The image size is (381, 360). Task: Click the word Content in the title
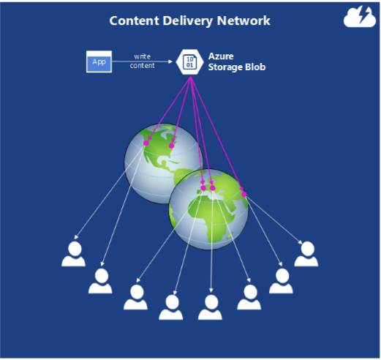[x=135, y=20]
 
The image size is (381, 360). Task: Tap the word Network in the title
[x=244, y=20]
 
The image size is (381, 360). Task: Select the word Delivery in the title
[x=188, y=21]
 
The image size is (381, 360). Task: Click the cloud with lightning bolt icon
[x=360, y=17]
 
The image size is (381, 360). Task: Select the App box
[x=99, y=61]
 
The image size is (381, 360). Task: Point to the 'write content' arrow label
[x=142, y=61]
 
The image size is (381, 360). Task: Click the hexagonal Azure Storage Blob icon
[x=189, y=62]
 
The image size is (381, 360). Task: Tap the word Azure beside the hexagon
[x=221, y=56]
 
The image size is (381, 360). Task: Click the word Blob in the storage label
[x=255, y=67]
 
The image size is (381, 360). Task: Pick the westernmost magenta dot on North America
[x=146, y=143]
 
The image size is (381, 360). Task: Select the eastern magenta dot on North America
[x=172, y=146]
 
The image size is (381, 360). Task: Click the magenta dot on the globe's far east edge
[x=244, y=195]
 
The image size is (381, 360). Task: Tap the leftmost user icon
[x=73, y=254]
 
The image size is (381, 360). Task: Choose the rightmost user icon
[x=306, y=254]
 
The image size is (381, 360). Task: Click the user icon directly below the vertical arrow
[x=210, y=307]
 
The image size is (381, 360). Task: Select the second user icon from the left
[x=100, y=281]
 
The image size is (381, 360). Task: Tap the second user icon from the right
[x=281, y=281]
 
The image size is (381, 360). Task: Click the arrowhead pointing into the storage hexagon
[x=170, y=61]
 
